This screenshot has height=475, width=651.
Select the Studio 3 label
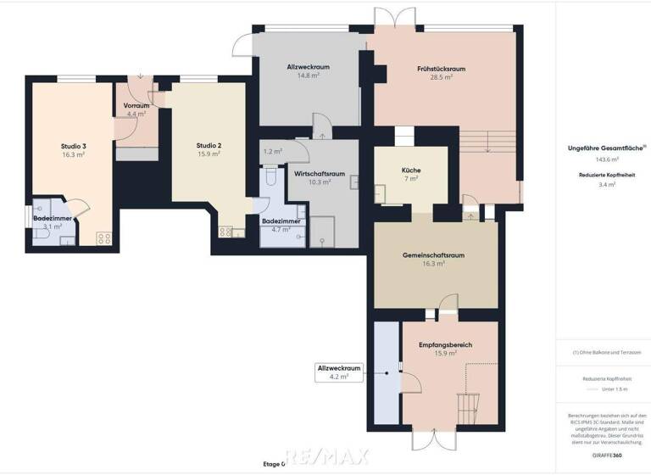point(74,146)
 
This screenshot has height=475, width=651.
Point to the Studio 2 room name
point(209,145)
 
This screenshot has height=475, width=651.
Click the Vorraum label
point(137,105)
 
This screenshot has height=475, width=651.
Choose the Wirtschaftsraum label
point(319,173)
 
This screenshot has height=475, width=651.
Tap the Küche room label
point(411,170)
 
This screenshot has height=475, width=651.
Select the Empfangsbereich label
point(445,345)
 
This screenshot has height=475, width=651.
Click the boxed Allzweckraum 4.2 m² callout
point(340,372)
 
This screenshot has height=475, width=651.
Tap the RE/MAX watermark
point(326,457)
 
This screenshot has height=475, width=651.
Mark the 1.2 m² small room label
point(273,151)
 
